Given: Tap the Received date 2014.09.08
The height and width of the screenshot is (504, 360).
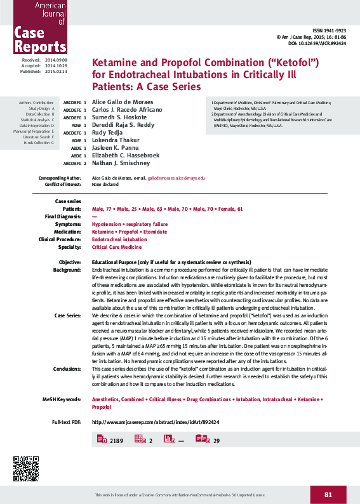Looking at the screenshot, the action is pos(56,59).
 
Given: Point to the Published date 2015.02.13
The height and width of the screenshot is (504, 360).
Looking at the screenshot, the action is pos(56,72).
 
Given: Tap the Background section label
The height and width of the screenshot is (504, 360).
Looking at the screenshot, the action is pos(67,270).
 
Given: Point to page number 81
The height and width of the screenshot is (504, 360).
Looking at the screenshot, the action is pos(328,494).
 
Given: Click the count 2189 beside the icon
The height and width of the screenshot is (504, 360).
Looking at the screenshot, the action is pos(116,441).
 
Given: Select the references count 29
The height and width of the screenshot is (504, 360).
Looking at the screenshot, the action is pos(217,441).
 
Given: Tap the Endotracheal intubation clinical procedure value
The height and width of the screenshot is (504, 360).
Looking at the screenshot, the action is pos(119,239).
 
